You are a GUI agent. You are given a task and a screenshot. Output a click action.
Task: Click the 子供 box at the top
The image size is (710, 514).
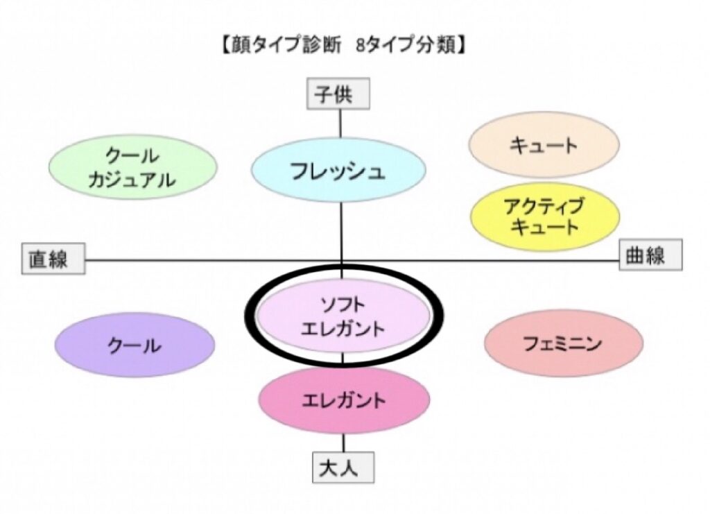pyautogui.click(x=338, y=94)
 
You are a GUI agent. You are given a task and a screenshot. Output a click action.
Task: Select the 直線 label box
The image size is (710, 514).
pyautogui.click(x=53, y=259)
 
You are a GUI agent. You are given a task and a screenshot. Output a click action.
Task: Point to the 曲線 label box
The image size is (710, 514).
pyautogui.click(x=650, y=255)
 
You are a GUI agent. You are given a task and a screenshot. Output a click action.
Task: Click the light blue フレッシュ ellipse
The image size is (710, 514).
pyautogui.click(x=338, y=171)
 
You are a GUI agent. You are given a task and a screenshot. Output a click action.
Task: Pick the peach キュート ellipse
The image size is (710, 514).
pyautogui.click(x=543, y=145)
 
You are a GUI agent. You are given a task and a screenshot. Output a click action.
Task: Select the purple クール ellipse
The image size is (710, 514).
pyautogui.click(x=135, y=345)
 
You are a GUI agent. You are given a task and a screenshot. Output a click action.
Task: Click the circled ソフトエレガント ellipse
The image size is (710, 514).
pyautogui.click(x=343, y=316)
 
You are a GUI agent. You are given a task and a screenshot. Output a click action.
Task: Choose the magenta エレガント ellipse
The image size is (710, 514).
pyautogui.click(x=344, y=400)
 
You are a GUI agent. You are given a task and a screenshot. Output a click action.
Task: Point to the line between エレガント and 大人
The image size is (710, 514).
pyautogui.click(x=343, y=443)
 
